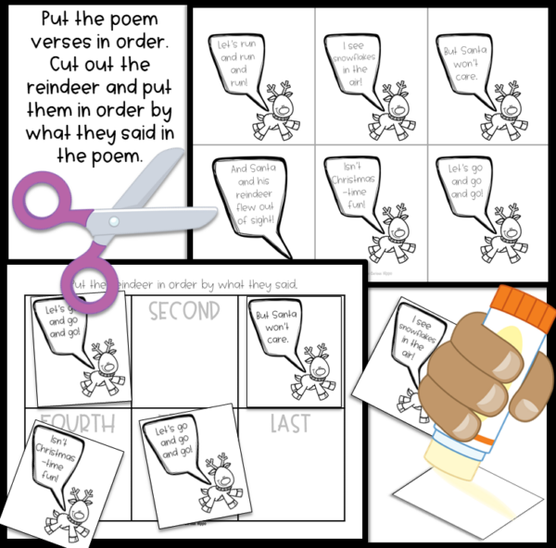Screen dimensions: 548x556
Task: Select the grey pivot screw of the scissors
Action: pyautogui.click(x=113, y=222)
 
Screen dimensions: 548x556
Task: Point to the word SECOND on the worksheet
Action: pyautogui.click(x=184, y=310)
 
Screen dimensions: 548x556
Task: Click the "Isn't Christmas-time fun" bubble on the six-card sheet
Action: pyautogui.click(x=350, y=186)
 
